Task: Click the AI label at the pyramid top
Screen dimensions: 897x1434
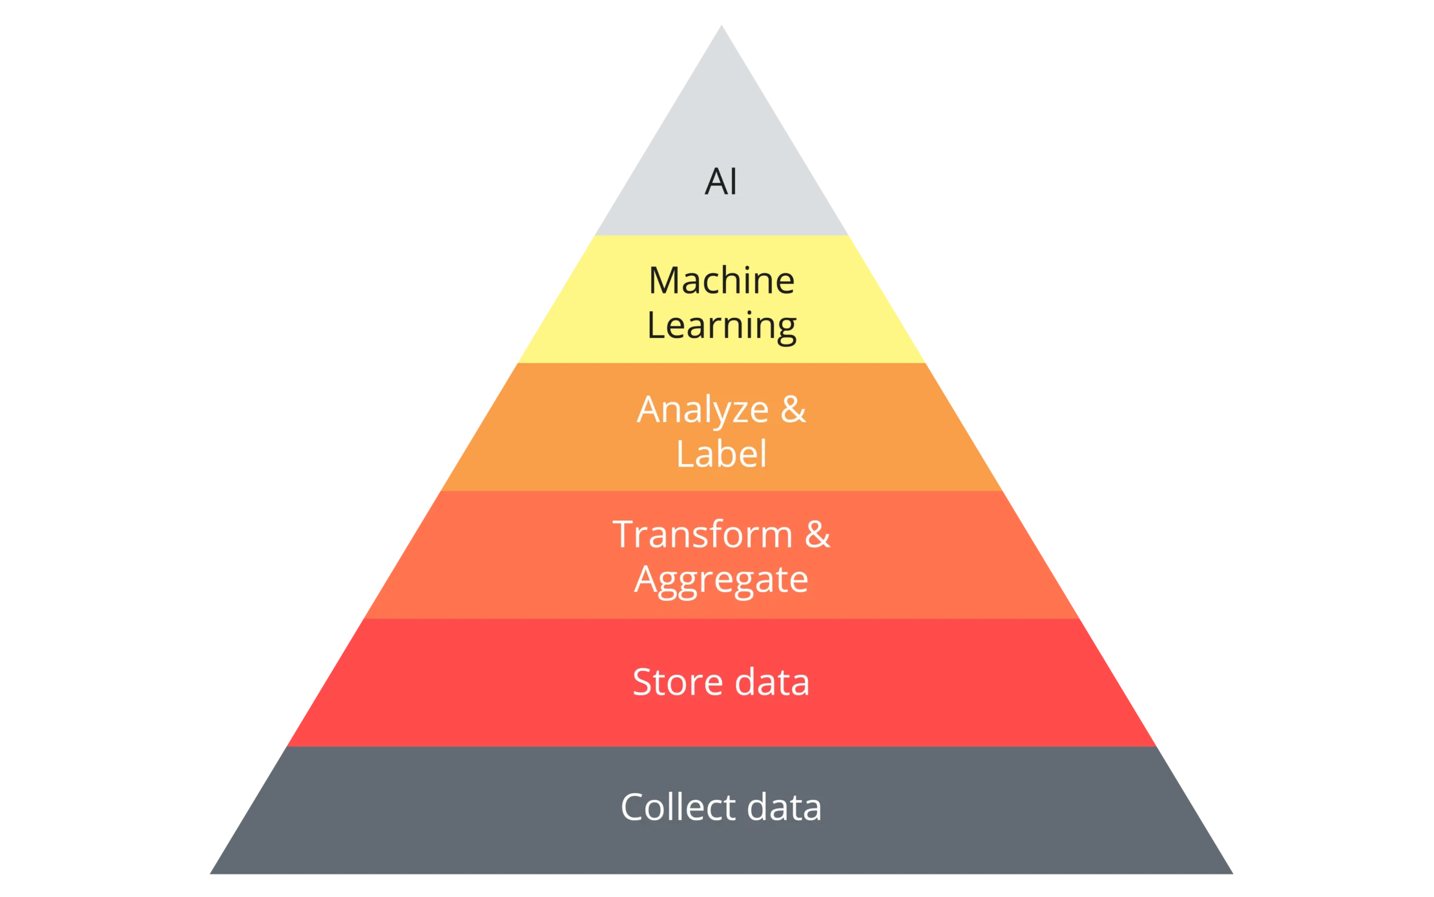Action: click(x=720, y=182)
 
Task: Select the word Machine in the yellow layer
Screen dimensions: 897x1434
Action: click(x=722, y=280)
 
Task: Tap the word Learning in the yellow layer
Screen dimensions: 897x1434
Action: click(x=722, y=325)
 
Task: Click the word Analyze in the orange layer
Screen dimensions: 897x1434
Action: click(x=703, y=410)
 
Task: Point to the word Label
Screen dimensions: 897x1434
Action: click(x=722, y=454)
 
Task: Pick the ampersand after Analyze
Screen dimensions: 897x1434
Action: click(x=793, y=410)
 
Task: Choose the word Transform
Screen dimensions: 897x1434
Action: click(x=703, y=535)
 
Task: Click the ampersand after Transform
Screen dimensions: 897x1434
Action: click(x=817, y=535)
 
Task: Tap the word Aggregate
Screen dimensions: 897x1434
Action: click(x=722, y=580)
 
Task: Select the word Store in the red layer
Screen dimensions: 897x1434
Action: click(x=677, y=682)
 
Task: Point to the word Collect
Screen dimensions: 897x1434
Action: click(x=678, y=807)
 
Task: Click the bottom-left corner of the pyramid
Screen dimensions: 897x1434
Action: click(x=209, y=876)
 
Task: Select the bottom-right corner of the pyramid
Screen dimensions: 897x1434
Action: click(x=1233, y=876)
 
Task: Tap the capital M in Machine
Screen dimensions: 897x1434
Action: click(x=665, y=280)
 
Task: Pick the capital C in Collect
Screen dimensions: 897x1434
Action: click(x=634, y=807)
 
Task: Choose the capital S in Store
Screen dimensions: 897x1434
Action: click(x=644, y=682)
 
